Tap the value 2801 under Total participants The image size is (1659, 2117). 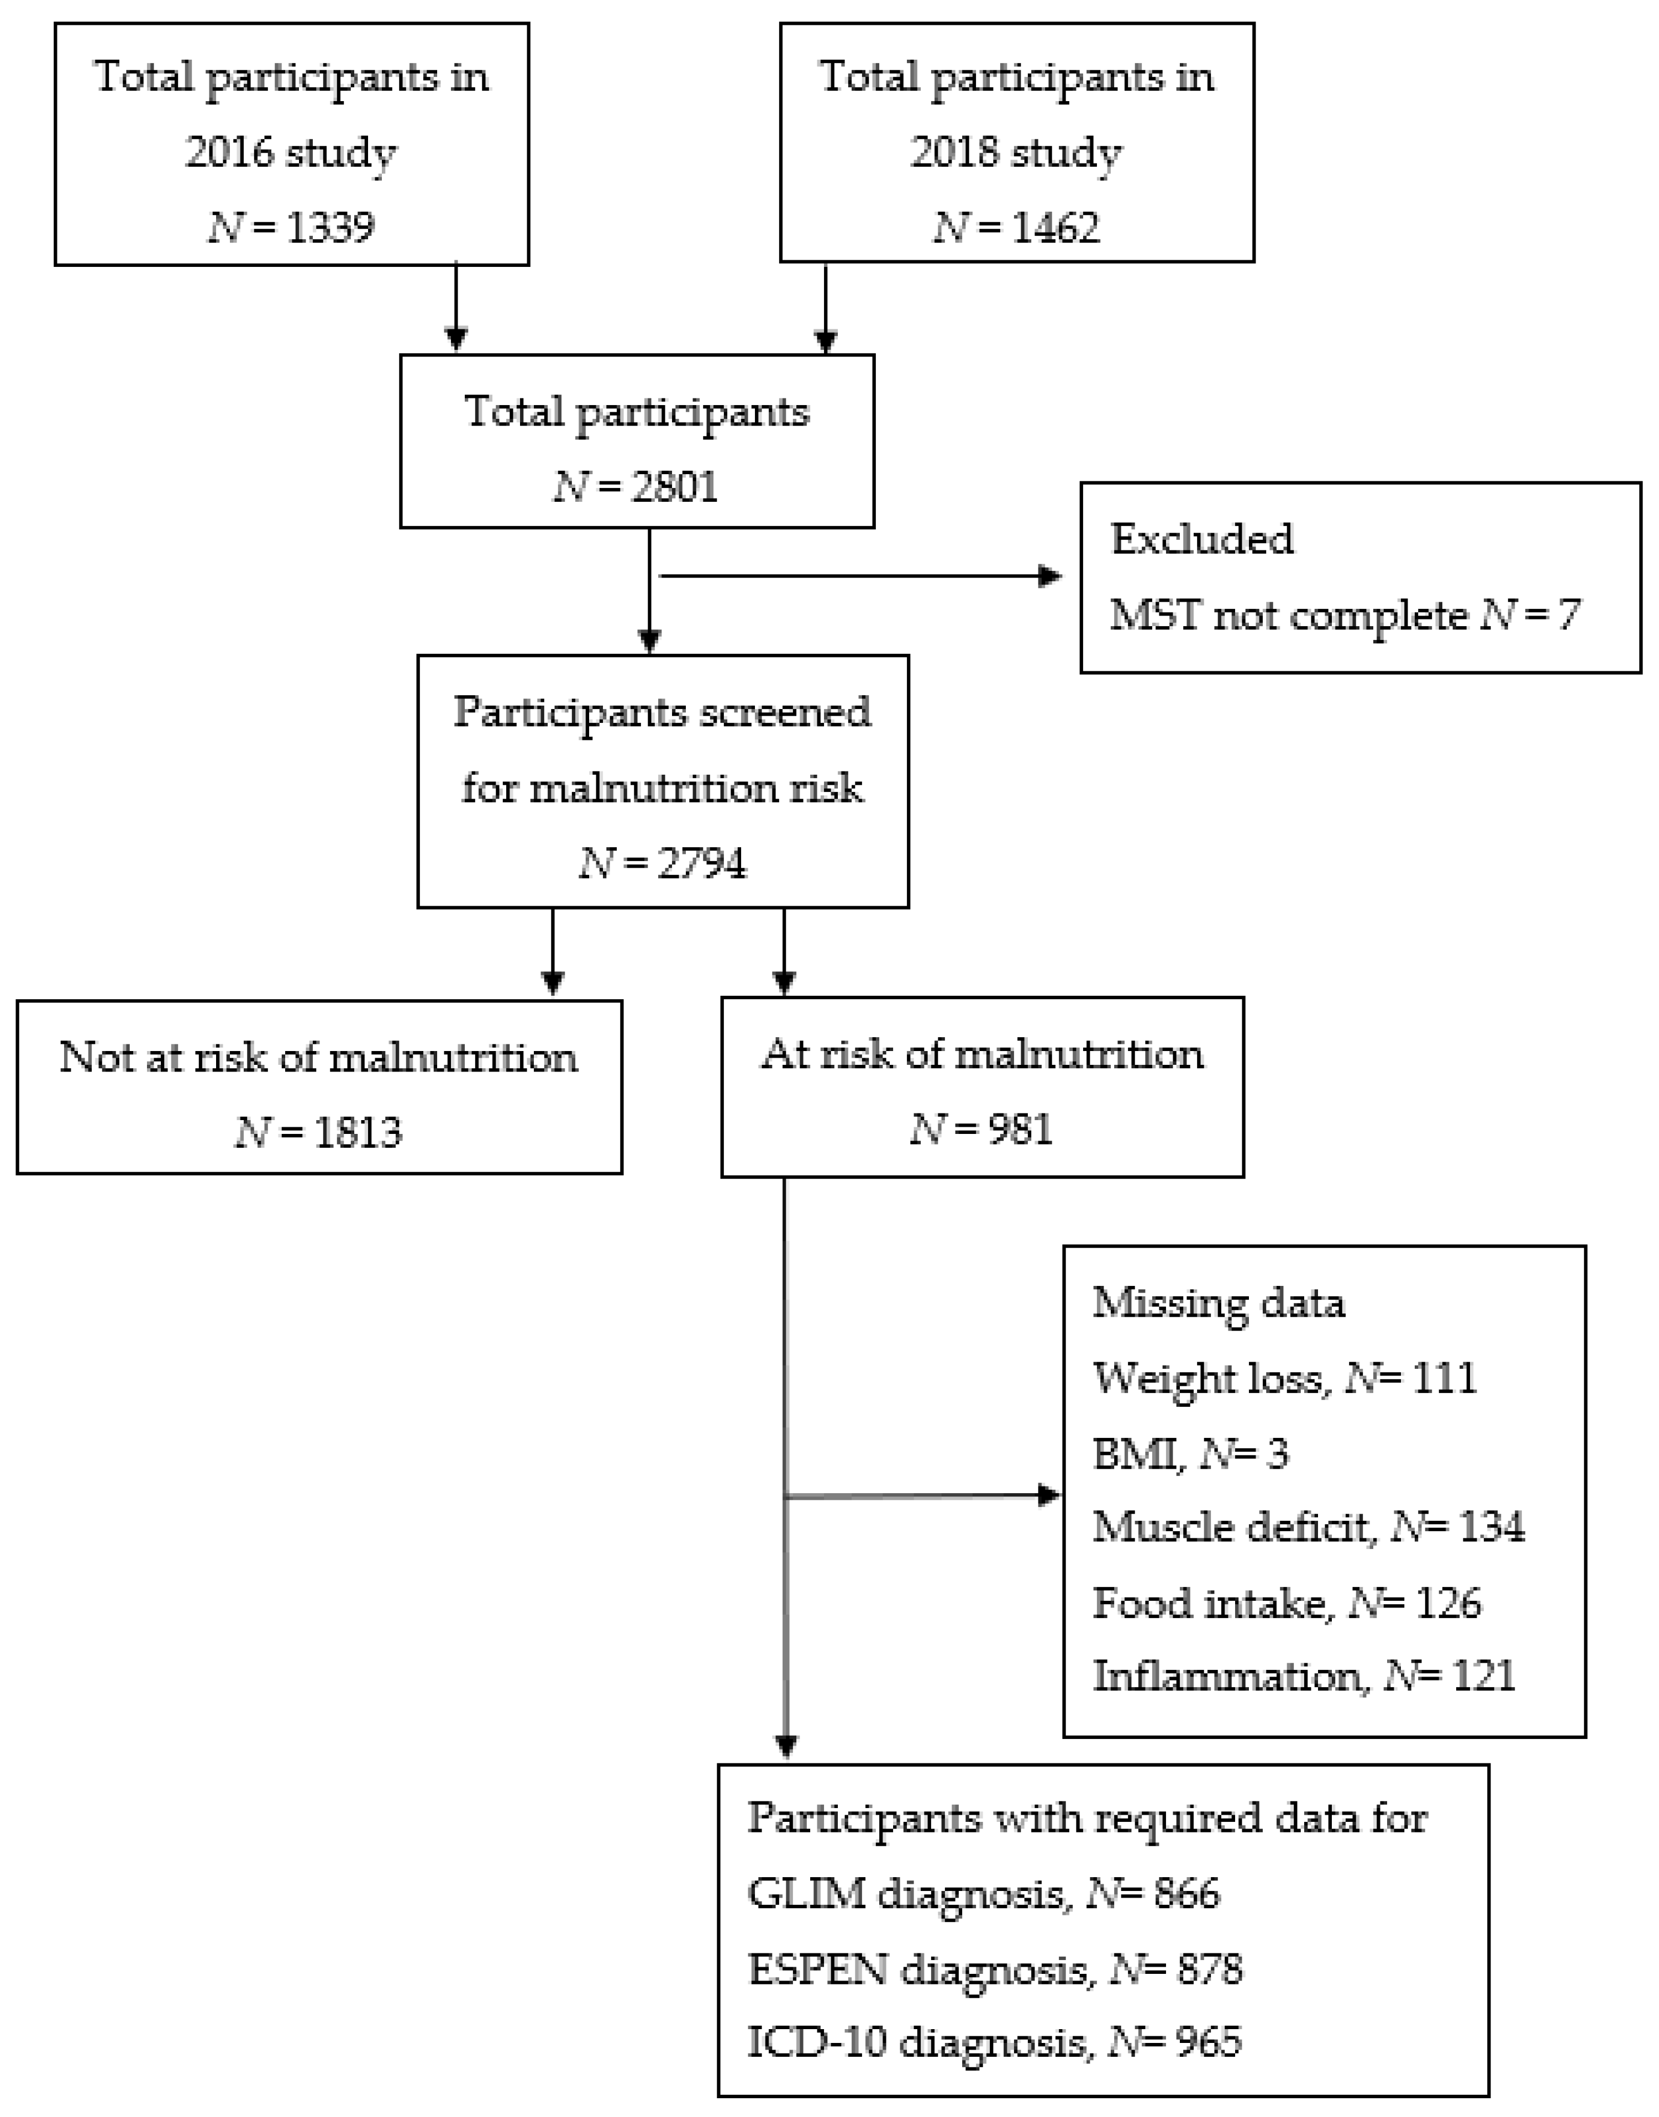pyautogui.click(x=674, y=486)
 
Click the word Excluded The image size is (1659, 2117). pyautogui.click(x=1201, y=539)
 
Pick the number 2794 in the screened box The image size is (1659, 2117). pyautogui.click(x=702, y=863)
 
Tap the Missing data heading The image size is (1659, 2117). pyautogui.click(x=1218, y=1302)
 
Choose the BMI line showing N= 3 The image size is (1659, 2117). pyautogui.click(x=1190, y=1454)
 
